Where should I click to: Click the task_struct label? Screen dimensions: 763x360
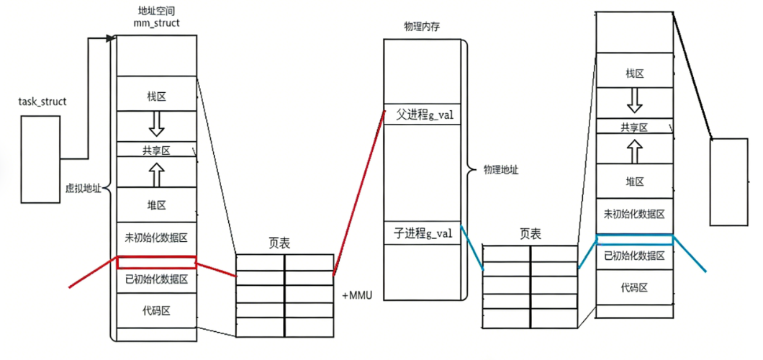point(42,102)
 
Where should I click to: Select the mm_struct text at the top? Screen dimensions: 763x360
point(156,23)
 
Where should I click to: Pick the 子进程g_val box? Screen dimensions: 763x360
point(423,233)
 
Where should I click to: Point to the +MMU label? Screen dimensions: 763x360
point(357,295)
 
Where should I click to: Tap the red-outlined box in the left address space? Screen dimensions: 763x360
point(156,262)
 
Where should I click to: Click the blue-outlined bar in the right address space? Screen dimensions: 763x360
point(634,240)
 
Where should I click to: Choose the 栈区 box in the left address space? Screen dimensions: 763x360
point(156,95)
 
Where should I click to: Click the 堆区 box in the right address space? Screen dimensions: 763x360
point(634,181)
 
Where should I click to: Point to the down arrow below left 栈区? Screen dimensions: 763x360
point(156,126)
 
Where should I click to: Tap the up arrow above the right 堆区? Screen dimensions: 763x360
point(634,151)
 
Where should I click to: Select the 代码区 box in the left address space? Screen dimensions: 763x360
point(156,310)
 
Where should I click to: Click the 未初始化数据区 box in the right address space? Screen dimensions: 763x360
point(634,214)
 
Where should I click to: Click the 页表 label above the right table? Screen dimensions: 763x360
point(530,234)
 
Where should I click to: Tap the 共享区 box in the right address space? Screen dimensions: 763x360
point(634,127)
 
